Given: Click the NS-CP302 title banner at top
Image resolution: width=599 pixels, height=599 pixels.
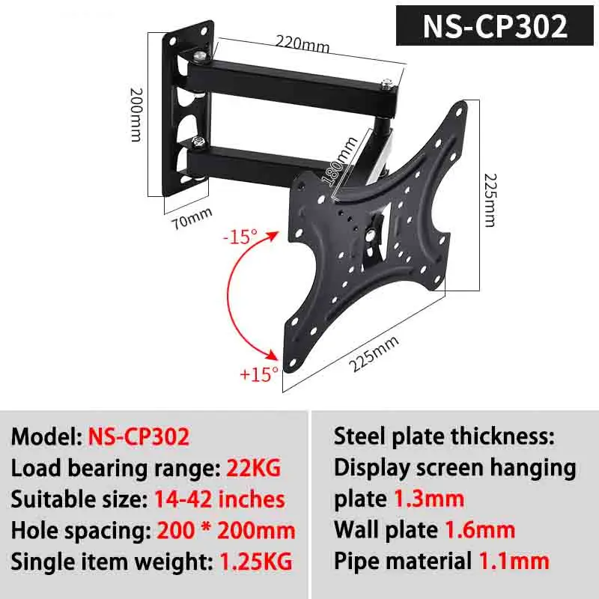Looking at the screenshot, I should [x=495, y=26].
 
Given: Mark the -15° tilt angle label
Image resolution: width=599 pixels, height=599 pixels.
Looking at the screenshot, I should [x=240, y=237].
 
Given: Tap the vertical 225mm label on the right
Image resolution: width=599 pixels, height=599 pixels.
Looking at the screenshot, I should [x=489, y=201].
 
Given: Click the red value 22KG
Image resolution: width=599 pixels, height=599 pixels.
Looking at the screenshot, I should [x=253, y=469].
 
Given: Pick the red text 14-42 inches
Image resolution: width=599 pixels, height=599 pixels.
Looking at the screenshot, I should [x=219, y=499].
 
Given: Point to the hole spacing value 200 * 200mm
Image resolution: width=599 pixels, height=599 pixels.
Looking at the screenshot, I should [x=226, y=530].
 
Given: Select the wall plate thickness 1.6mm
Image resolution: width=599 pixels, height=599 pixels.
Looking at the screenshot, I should [x=480, y=530].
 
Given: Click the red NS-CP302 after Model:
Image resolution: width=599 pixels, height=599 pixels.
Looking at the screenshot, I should [x=139, y=437].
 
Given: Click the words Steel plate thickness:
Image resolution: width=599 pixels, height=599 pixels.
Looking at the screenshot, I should [x=444, y=437].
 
